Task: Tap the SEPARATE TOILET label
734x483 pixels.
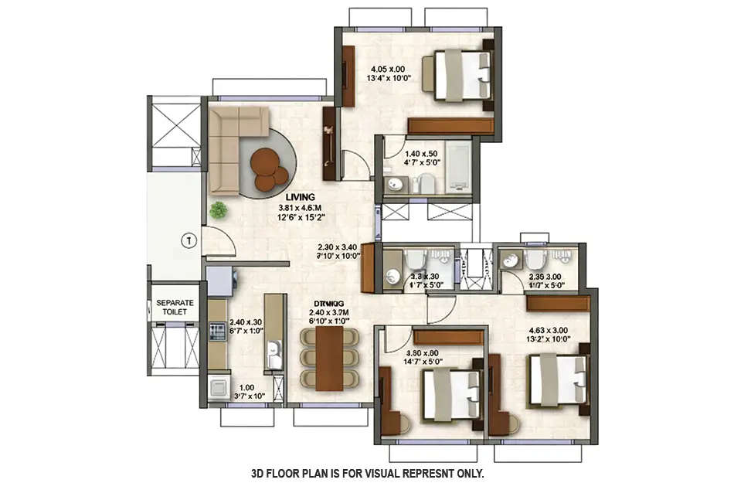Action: pos(175,308)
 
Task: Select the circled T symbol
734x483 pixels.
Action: pos(186,240)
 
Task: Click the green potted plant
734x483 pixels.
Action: pos(219,209)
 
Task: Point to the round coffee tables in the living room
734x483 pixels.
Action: pos(267,168)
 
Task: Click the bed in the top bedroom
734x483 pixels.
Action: pos(462,75)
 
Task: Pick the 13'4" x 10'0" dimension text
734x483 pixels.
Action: pos(392,77)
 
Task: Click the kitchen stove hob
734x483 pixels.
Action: pos(217,332)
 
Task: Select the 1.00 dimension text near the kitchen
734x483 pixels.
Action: pos(246,388)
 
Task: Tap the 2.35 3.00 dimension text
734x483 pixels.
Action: pos(544,277)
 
